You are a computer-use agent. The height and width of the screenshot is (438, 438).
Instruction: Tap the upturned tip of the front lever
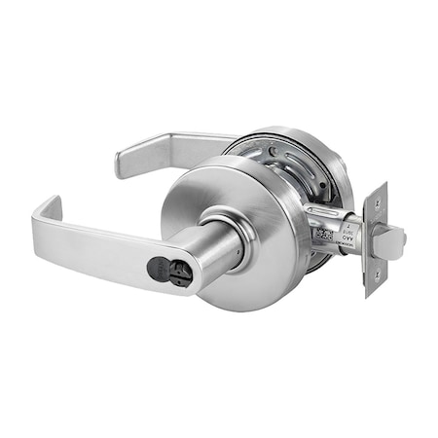tap(46, 206)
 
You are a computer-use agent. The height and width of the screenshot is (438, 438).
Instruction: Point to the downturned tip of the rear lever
tap(122, 164)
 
